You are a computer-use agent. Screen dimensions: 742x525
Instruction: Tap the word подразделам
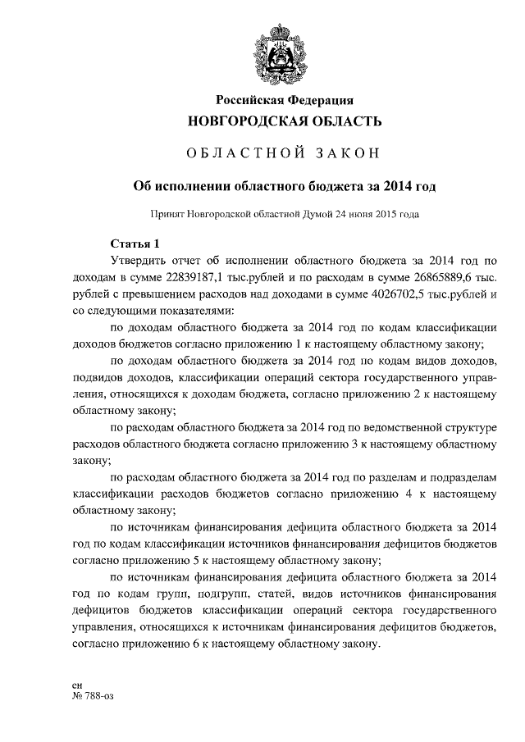(x=463, y=478)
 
